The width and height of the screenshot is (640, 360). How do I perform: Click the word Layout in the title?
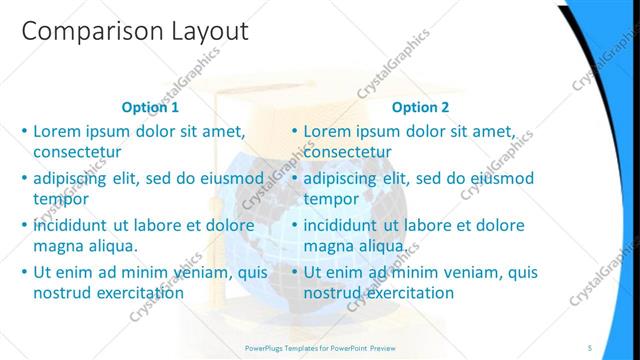[x=203, y=32]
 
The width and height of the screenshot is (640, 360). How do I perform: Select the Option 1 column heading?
[x=150, y=107]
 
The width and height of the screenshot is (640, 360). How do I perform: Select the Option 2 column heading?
[x=420, y=107]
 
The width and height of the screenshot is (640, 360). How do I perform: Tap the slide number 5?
[x=591, y=346]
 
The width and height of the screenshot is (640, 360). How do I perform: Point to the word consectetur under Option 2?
[x=347, y=153]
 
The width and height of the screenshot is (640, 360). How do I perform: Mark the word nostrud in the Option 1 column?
[x=62, y=293]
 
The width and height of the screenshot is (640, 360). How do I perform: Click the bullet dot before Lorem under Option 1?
[x=25, y=132]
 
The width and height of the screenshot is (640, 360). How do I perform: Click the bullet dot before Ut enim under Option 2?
[x=295, y=272]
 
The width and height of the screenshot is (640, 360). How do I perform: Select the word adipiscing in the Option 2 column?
[x=343, y=178]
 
